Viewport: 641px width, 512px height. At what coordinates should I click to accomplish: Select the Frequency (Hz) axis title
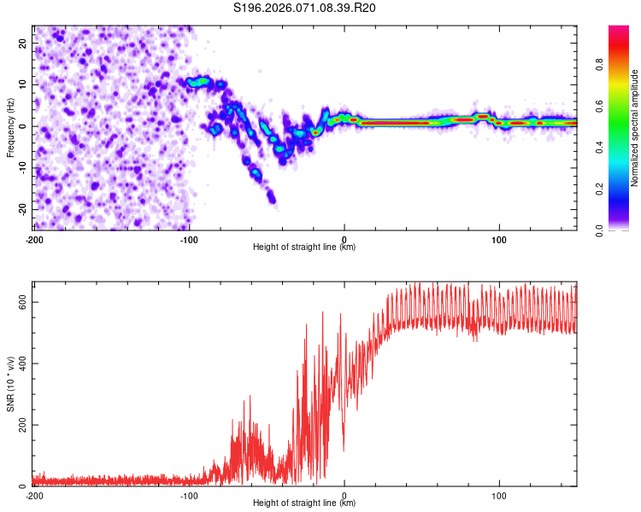pos(10,126)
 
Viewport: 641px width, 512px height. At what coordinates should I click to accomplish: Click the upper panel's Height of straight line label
pos(304,247)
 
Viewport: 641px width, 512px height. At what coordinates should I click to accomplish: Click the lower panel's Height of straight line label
pos(304,503)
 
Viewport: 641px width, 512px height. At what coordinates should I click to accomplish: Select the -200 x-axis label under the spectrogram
pos(34,239)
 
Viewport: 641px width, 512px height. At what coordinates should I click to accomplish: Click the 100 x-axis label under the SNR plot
pos(499,495)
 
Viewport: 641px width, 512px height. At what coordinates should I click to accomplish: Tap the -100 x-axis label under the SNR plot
pos(189,495)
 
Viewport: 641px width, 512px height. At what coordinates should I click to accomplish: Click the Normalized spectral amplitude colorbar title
pos(635,126)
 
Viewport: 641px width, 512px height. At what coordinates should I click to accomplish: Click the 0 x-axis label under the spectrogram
pos(344,239)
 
